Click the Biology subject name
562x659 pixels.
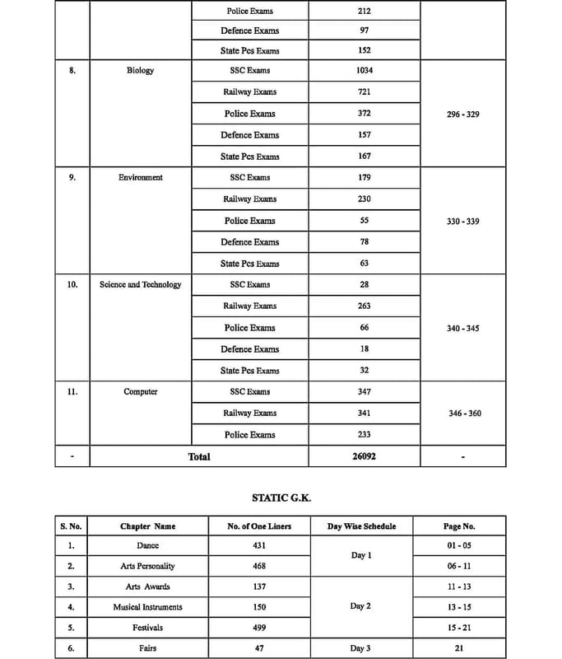tap(140, 71)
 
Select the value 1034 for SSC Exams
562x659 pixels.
tap(365, 71)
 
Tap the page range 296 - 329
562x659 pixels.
tap(462, 115)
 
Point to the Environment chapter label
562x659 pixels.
tap(141, 178)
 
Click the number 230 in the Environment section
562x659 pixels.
tap(365, 199)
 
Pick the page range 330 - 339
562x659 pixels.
tap(462, 222)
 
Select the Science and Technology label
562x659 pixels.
tap(141, 285)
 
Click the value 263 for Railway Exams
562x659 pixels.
tap(365, 306)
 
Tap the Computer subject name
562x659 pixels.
tap(141, 392)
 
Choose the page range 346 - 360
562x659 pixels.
tap(465, 414)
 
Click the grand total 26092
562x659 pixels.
tap(365, 456)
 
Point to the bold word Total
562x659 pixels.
tap(199, 456)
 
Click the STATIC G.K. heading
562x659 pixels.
tap(281, 498)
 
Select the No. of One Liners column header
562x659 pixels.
tap(259, 526)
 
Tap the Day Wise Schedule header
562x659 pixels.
tap(361, 526)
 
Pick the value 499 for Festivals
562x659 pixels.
tap(259, 628)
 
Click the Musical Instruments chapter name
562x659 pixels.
tap(147, 607)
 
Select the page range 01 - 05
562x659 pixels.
tap(458, 546)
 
